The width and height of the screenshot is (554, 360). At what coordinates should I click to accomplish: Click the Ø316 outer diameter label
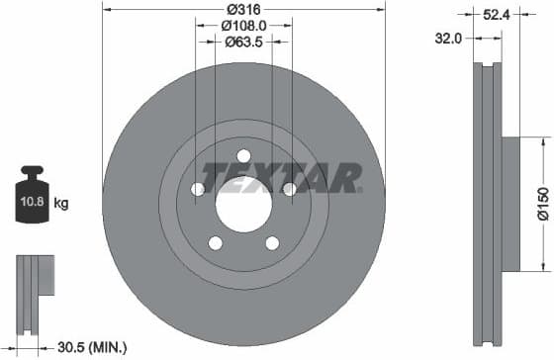(243, 9)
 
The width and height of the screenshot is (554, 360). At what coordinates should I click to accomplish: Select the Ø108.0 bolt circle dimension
(243, 26)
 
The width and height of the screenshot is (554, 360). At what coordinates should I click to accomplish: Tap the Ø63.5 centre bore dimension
(243, 43)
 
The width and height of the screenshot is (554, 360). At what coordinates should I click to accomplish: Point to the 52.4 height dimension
(497, 15)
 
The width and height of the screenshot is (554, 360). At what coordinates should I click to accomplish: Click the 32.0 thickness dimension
(448, 39)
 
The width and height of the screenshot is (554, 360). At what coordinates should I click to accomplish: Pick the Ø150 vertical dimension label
(544, 204)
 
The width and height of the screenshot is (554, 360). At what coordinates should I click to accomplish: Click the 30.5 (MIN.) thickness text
(92, 348)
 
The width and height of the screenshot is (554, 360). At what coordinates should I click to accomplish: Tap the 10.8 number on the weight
(32, 202)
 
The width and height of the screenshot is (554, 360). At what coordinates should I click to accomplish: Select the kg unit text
(61, 204)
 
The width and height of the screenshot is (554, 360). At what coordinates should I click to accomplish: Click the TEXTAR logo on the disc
(282, 178)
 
